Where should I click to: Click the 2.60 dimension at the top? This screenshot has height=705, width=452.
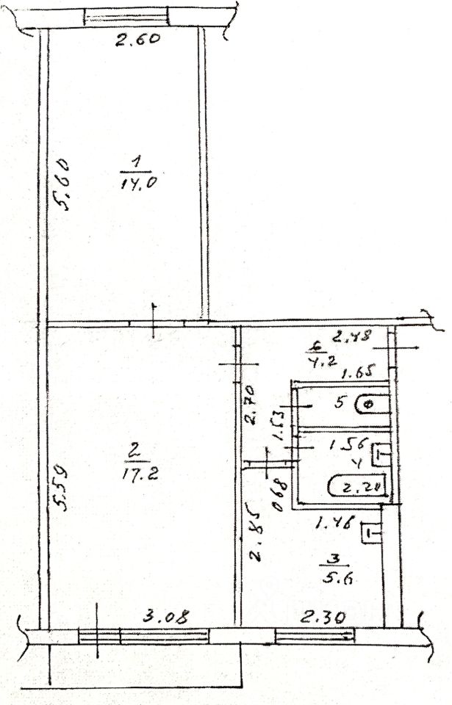click(137, 40)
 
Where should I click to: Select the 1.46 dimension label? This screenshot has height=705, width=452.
click(335, 524)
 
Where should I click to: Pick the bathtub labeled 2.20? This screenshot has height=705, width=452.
click(358, 487)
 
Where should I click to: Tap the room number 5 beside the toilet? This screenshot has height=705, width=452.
click(340, 402)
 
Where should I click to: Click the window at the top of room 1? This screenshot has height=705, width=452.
click(126, 16)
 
